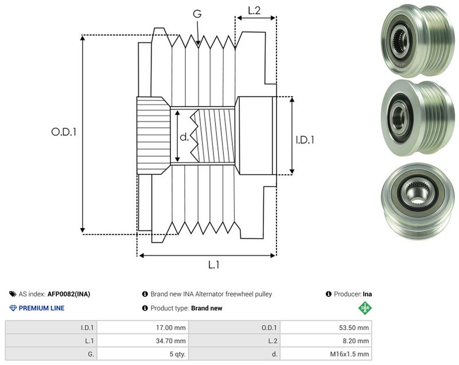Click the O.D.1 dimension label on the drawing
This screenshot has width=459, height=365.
click(64, 132)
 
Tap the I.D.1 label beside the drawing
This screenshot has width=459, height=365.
click(305, 140)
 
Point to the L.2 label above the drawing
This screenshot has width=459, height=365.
click(254, 10)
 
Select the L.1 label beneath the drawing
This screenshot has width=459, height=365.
click(213, 265)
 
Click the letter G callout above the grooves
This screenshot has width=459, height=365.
click(197, 14)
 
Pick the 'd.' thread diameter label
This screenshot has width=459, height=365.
click(184, 136)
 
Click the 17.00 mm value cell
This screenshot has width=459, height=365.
click(170, 328)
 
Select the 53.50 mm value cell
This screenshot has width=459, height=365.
click(354, 328)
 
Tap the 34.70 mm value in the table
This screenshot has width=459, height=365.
click(170, 341)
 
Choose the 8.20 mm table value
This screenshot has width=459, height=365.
click(356, 341)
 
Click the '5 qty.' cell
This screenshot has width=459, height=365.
click(178, 354)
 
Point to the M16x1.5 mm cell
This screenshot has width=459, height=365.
click(349, 354)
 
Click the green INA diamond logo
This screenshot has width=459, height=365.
click(365, 308)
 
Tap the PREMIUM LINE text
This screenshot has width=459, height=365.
click(41, 308)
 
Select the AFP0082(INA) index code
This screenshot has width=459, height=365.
click(69, 294)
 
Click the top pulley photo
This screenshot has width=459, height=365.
click(418, 41)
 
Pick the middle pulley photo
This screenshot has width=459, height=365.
click(418, 118)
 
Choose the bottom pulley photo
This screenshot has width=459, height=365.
click(418, 201)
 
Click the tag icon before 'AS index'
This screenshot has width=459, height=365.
click(13, 294)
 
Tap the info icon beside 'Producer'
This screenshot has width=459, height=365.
click(328, 294)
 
